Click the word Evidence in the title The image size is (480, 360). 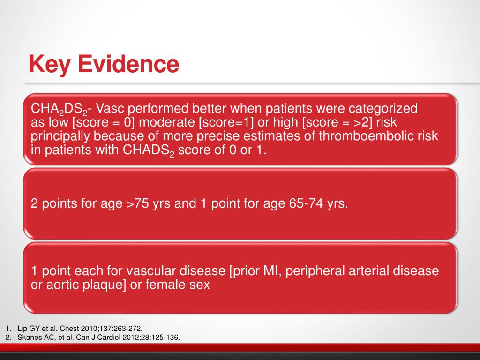tap(128, 64)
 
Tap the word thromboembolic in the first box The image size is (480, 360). tap(378, 136)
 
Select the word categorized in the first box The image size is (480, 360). tap(383, 109)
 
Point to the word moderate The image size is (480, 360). tap(167, 122)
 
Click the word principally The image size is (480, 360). tap(60, 136)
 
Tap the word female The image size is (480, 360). tap(165, 285)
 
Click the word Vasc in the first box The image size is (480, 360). tap(110, 109)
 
